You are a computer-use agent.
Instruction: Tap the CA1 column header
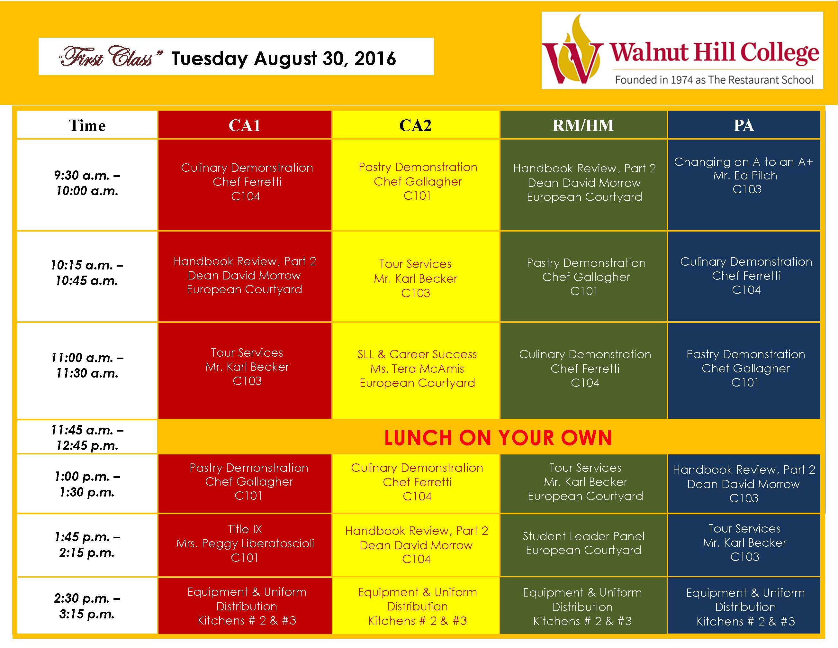244,125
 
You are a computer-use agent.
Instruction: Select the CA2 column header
416,125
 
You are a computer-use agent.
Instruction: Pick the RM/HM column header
583,125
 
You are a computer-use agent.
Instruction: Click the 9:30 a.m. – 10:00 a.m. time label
87,183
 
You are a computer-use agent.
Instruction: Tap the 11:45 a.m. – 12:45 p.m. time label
87,438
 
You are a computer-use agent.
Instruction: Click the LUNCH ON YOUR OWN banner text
498,438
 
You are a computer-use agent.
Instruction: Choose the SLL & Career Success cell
416,370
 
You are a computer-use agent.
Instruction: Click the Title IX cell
244,545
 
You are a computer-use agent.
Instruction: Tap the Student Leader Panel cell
583,545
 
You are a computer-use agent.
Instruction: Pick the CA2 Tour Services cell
416,276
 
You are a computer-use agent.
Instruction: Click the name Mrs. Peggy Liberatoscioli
245,543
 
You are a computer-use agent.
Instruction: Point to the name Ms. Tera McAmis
417,369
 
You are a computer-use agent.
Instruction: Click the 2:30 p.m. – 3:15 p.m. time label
87,606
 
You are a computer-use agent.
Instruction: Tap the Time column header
87,125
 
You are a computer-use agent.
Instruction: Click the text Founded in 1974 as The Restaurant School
714,80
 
